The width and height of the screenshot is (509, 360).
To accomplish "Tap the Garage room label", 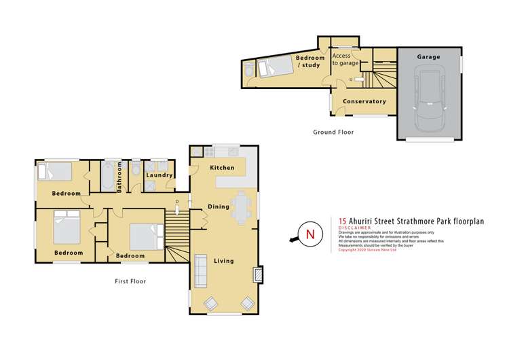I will pos(428,57).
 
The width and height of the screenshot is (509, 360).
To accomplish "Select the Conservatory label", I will pos(364,101).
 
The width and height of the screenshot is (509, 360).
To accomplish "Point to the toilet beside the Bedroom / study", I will pos(249,70).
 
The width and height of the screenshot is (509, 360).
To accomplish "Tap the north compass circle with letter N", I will pos(311,235).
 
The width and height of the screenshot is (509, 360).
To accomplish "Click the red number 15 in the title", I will pos(343,220).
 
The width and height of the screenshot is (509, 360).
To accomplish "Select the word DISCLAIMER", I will pos(354,228).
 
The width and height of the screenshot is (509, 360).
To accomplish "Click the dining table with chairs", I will pos(241,209).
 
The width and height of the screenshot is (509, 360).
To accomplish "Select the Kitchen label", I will pos(222,167).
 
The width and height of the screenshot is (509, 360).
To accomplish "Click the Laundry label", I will pos(157,175).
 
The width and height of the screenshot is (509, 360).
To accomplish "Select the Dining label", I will pos(218,206).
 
